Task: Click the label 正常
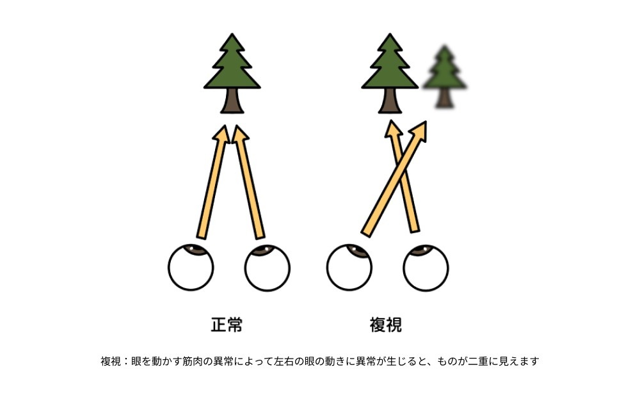227,325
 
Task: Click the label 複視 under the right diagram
386,325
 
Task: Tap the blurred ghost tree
444,77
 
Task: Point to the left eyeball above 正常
191,268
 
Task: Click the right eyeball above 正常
268,268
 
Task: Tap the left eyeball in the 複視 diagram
349,268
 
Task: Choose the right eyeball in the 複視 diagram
426,268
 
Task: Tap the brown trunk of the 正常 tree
232,101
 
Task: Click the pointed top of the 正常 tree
232,37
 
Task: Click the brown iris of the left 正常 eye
195,250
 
